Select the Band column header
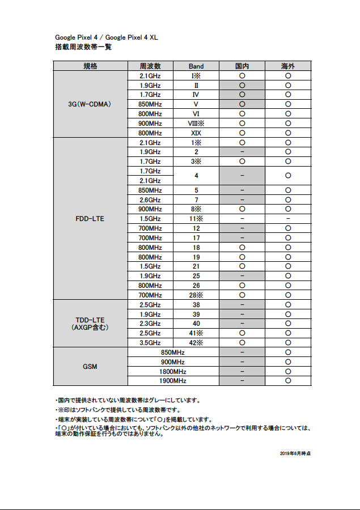(x=196, y=66)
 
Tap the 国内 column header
(x=242, y=66)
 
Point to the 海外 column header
(x=288, y=66)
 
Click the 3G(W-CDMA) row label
(x=90, y=104)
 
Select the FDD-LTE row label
(x=90, y=218)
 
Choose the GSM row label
(x=90, y=366)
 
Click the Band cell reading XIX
(x=196, y=133)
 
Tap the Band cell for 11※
(x=196, y=219)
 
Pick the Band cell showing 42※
(x=196, y=342)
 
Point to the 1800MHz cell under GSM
(x=173, y=371)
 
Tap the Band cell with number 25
(x=196, y=276)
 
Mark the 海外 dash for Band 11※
(x=288, y=219)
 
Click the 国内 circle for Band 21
(x=242, y=266)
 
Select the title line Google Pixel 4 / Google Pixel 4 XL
(x=106, y=37)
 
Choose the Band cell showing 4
(x=196, y=176)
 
